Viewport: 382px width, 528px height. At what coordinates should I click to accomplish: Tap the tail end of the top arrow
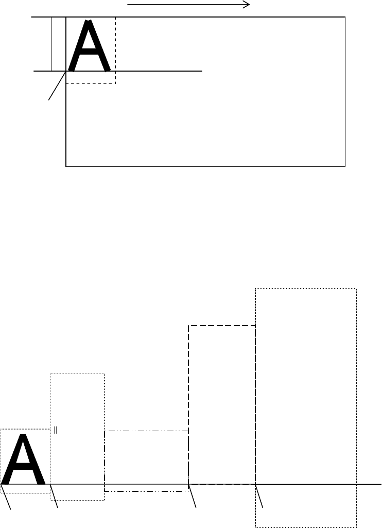pos(128,5)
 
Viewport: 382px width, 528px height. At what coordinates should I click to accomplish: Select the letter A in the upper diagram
pos(90,46)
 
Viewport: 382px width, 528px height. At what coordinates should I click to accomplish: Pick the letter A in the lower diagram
pos(24,459)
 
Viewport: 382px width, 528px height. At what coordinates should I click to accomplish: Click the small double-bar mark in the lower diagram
pos(55,430)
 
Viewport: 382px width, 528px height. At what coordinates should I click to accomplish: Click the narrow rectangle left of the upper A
pos(58,44)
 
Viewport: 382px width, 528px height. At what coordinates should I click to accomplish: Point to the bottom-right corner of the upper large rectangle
pos(344,166)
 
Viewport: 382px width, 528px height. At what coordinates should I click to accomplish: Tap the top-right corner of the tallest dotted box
pos(356,289)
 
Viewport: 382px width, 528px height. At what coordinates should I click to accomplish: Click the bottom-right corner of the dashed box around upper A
pos(115,83)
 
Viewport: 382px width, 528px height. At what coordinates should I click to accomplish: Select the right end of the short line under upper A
pos(202,71)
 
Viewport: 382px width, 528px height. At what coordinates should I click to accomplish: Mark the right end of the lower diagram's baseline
pos(380,484)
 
